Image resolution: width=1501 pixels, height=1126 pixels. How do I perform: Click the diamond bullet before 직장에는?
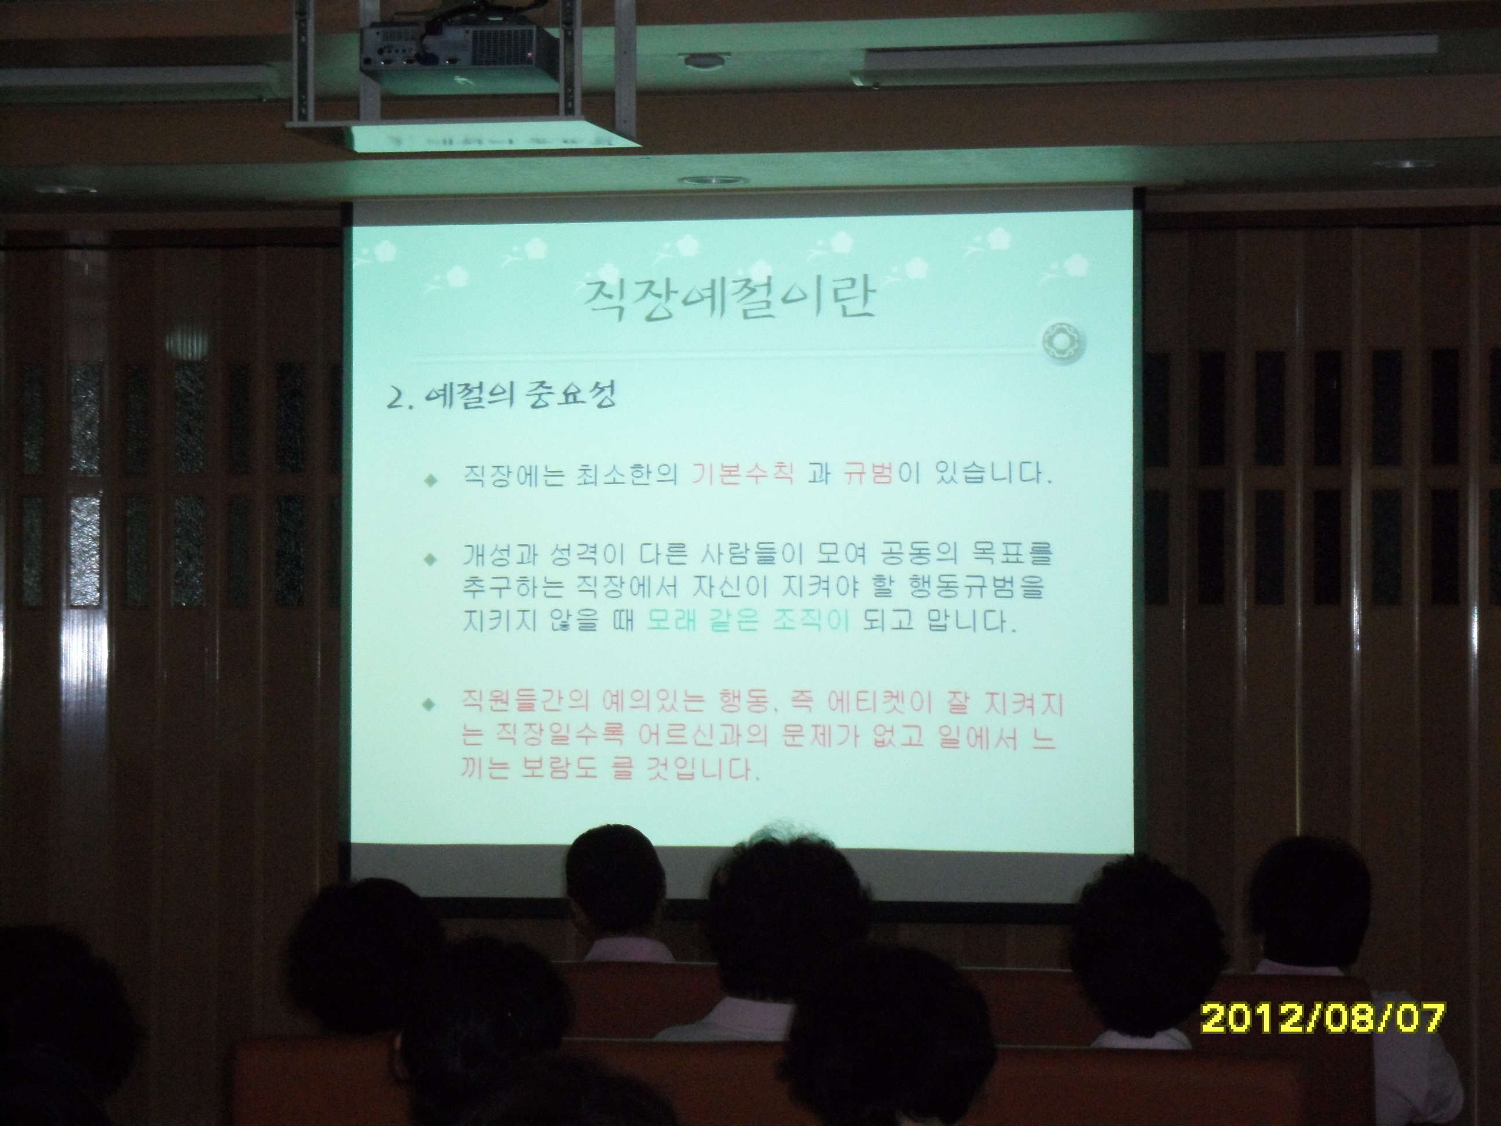[x=429, y=480]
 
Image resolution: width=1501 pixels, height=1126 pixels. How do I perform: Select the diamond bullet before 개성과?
[x=429, y=560]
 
